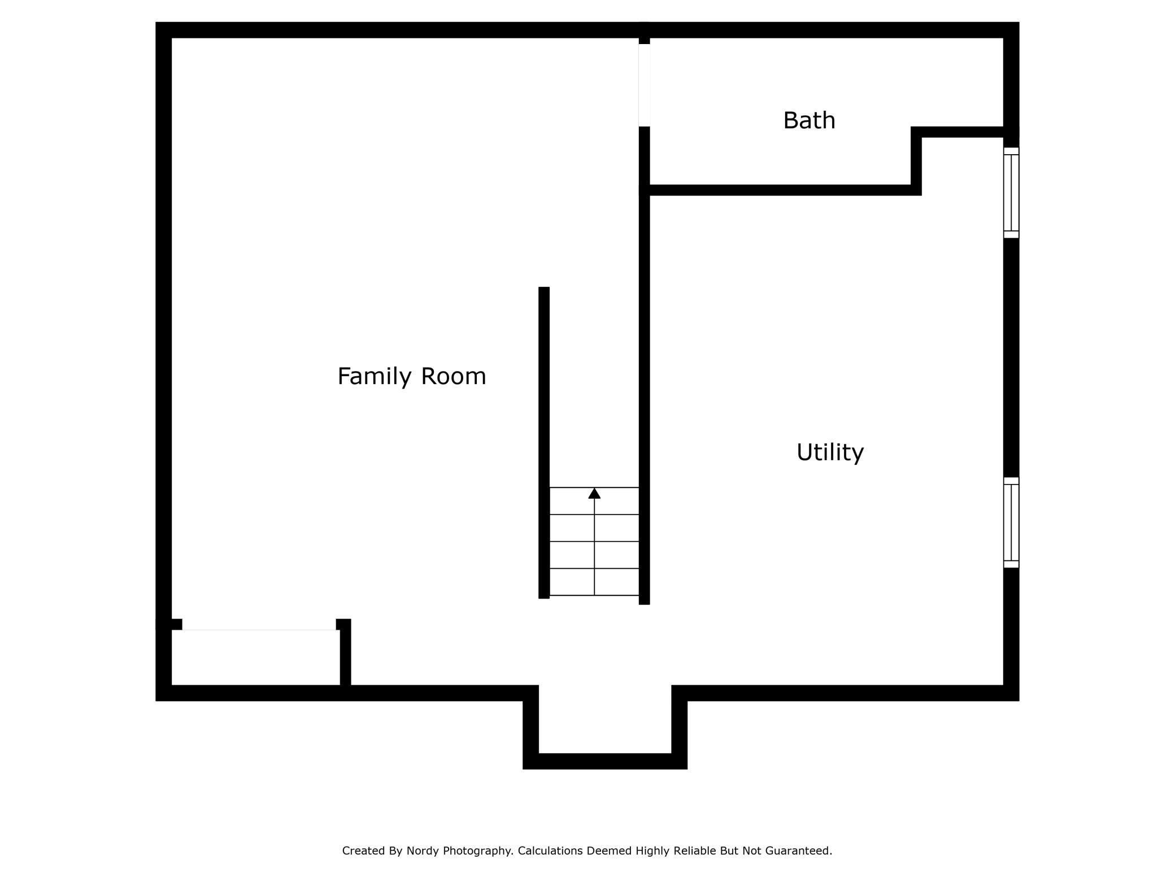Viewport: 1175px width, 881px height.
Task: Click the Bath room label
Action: (809, 120)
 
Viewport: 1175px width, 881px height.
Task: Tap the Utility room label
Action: (830, 452)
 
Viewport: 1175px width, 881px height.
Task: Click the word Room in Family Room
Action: (454, 376)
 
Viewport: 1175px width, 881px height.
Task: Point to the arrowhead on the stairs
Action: (594, 494)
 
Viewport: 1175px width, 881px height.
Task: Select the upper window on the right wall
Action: (1011, 193)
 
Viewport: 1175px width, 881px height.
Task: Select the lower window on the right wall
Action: (1011, 522)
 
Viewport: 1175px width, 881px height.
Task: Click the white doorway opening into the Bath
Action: (645, 85)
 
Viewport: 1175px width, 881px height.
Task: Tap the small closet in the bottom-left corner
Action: (255, 657)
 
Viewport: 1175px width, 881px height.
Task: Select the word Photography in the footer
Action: (478, 851)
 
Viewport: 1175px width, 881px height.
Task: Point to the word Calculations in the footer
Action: (550, 851)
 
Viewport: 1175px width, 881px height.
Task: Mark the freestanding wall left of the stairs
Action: (544, 443)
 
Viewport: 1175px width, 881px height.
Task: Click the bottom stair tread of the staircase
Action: (594, 582)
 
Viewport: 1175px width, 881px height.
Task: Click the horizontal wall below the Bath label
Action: (780, 190)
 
